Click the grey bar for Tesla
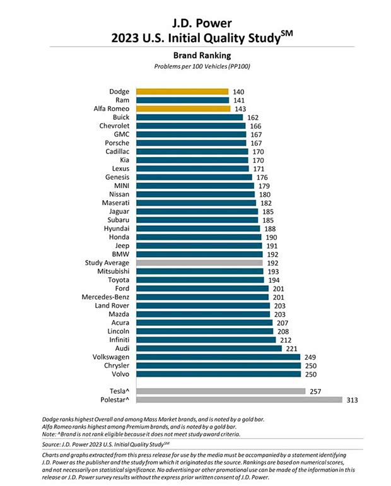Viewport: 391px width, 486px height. coord(221,391)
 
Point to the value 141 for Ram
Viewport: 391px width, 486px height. coord(240,100)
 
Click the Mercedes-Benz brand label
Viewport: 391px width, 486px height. coord(105,297)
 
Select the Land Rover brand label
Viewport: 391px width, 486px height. coord(112,305)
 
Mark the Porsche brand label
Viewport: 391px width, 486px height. coord(117,143)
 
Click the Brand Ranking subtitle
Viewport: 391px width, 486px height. coord(195,55)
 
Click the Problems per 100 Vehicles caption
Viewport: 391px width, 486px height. coord(195,66)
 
